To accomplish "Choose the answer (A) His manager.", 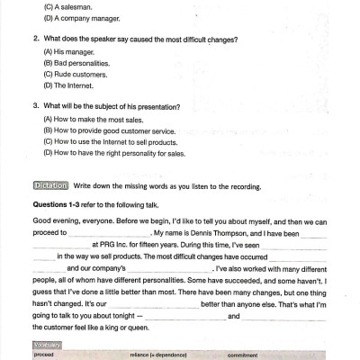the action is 67,52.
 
